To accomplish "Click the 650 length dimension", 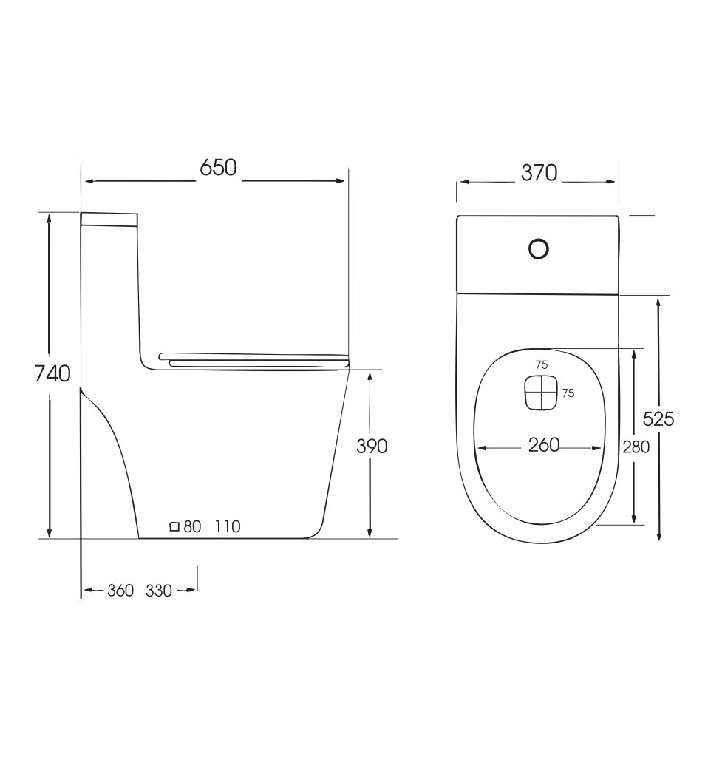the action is (x=218, y=168).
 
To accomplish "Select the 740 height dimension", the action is (x=52, y=373).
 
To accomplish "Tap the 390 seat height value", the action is (x=372, y=447).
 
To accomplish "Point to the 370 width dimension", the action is (x=539, y=173).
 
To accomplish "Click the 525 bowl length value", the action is (x=658, y=418).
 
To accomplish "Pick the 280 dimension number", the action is (x=636, y=447).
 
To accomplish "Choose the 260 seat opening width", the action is (x=544, y=444).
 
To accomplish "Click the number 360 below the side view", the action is (x=120, y=591).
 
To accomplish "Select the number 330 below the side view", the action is (x=159, y=591).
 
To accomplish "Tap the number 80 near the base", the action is (x=192, y=526).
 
